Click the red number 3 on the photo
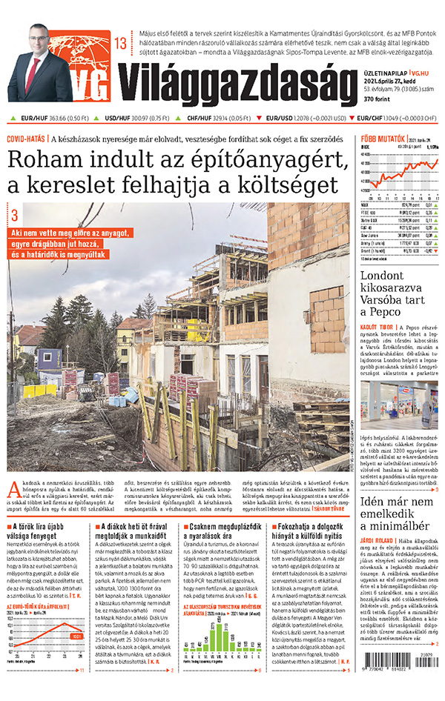click(x=14, y=216)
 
